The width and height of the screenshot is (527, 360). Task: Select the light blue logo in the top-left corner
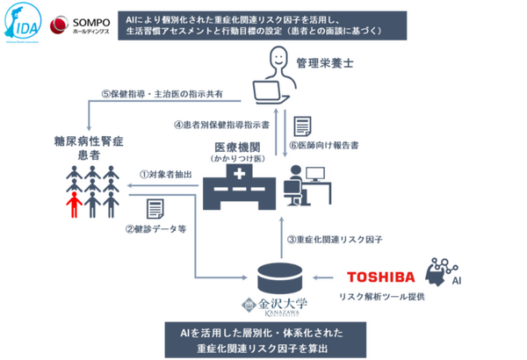pyautogui.click(x=18, y=24)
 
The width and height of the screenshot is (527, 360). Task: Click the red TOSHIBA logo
pyautogui.click(x=380, y=276)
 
